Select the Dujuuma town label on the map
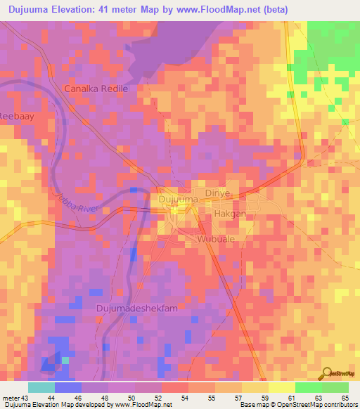tap(175, 200)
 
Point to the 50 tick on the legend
tap(122, 397)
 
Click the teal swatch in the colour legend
tap(41, 387)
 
